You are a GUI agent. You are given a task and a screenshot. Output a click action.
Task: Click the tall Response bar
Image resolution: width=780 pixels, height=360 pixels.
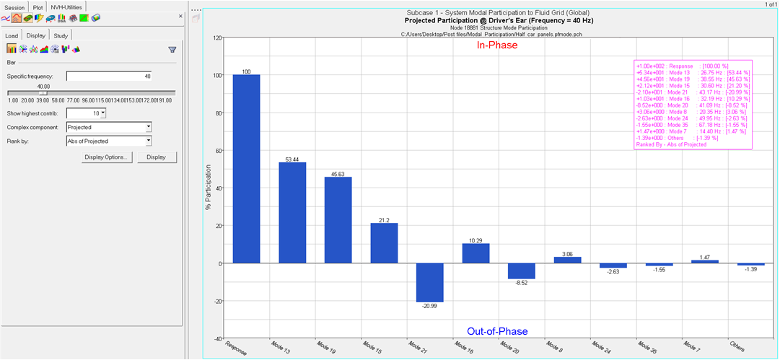point(246,169)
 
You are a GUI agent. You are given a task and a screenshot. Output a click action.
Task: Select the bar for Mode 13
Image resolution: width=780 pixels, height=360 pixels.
point(292,212)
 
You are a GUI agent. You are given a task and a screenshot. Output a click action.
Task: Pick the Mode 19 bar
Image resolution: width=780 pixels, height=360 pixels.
point(338,219)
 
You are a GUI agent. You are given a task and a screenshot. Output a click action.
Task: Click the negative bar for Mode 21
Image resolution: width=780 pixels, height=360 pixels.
point(430,282)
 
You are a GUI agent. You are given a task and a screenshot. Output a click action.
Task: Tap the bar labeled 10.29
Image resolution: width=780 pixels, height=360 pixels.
point(476,253)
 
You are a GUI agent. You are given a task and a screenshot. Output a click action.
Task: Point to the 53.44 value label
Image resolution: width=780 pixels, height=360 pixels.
point(292,158)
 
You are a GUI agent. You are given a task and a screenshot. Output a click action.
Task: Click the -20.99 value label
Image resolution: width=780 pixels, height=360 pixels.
point(430,306)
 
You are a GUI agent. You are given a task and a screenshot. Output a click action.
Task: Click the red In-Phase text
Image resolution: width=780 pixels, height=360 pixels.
point(497,45)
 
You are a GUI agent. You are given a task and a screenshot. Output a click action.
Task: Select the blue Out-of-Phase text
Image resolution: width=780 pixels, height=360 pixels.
point(497,331)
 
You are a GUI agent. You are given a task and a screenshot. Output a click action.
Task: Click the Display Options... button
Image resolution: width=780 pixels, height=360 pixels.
point(106,157)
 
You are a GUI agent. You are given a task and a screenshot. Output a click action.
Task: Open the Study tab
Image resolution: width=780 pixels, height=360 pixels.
point(61,35)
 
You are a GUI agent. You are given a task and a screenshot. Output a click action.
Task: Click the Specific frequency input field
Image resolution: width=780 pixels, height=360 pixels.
point(109,76)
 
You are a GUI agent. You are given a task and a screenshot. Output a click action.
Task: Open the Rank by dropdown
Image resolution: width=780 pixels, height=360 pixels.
point(109,141)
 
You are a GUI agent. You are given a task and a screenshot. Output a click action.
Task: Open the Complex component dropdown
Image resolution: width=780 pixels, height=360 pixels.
point(109,126)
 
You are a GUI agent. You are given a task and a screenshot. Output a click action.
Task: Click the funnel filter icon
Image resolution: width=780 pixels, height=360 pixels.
point(172,50)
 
